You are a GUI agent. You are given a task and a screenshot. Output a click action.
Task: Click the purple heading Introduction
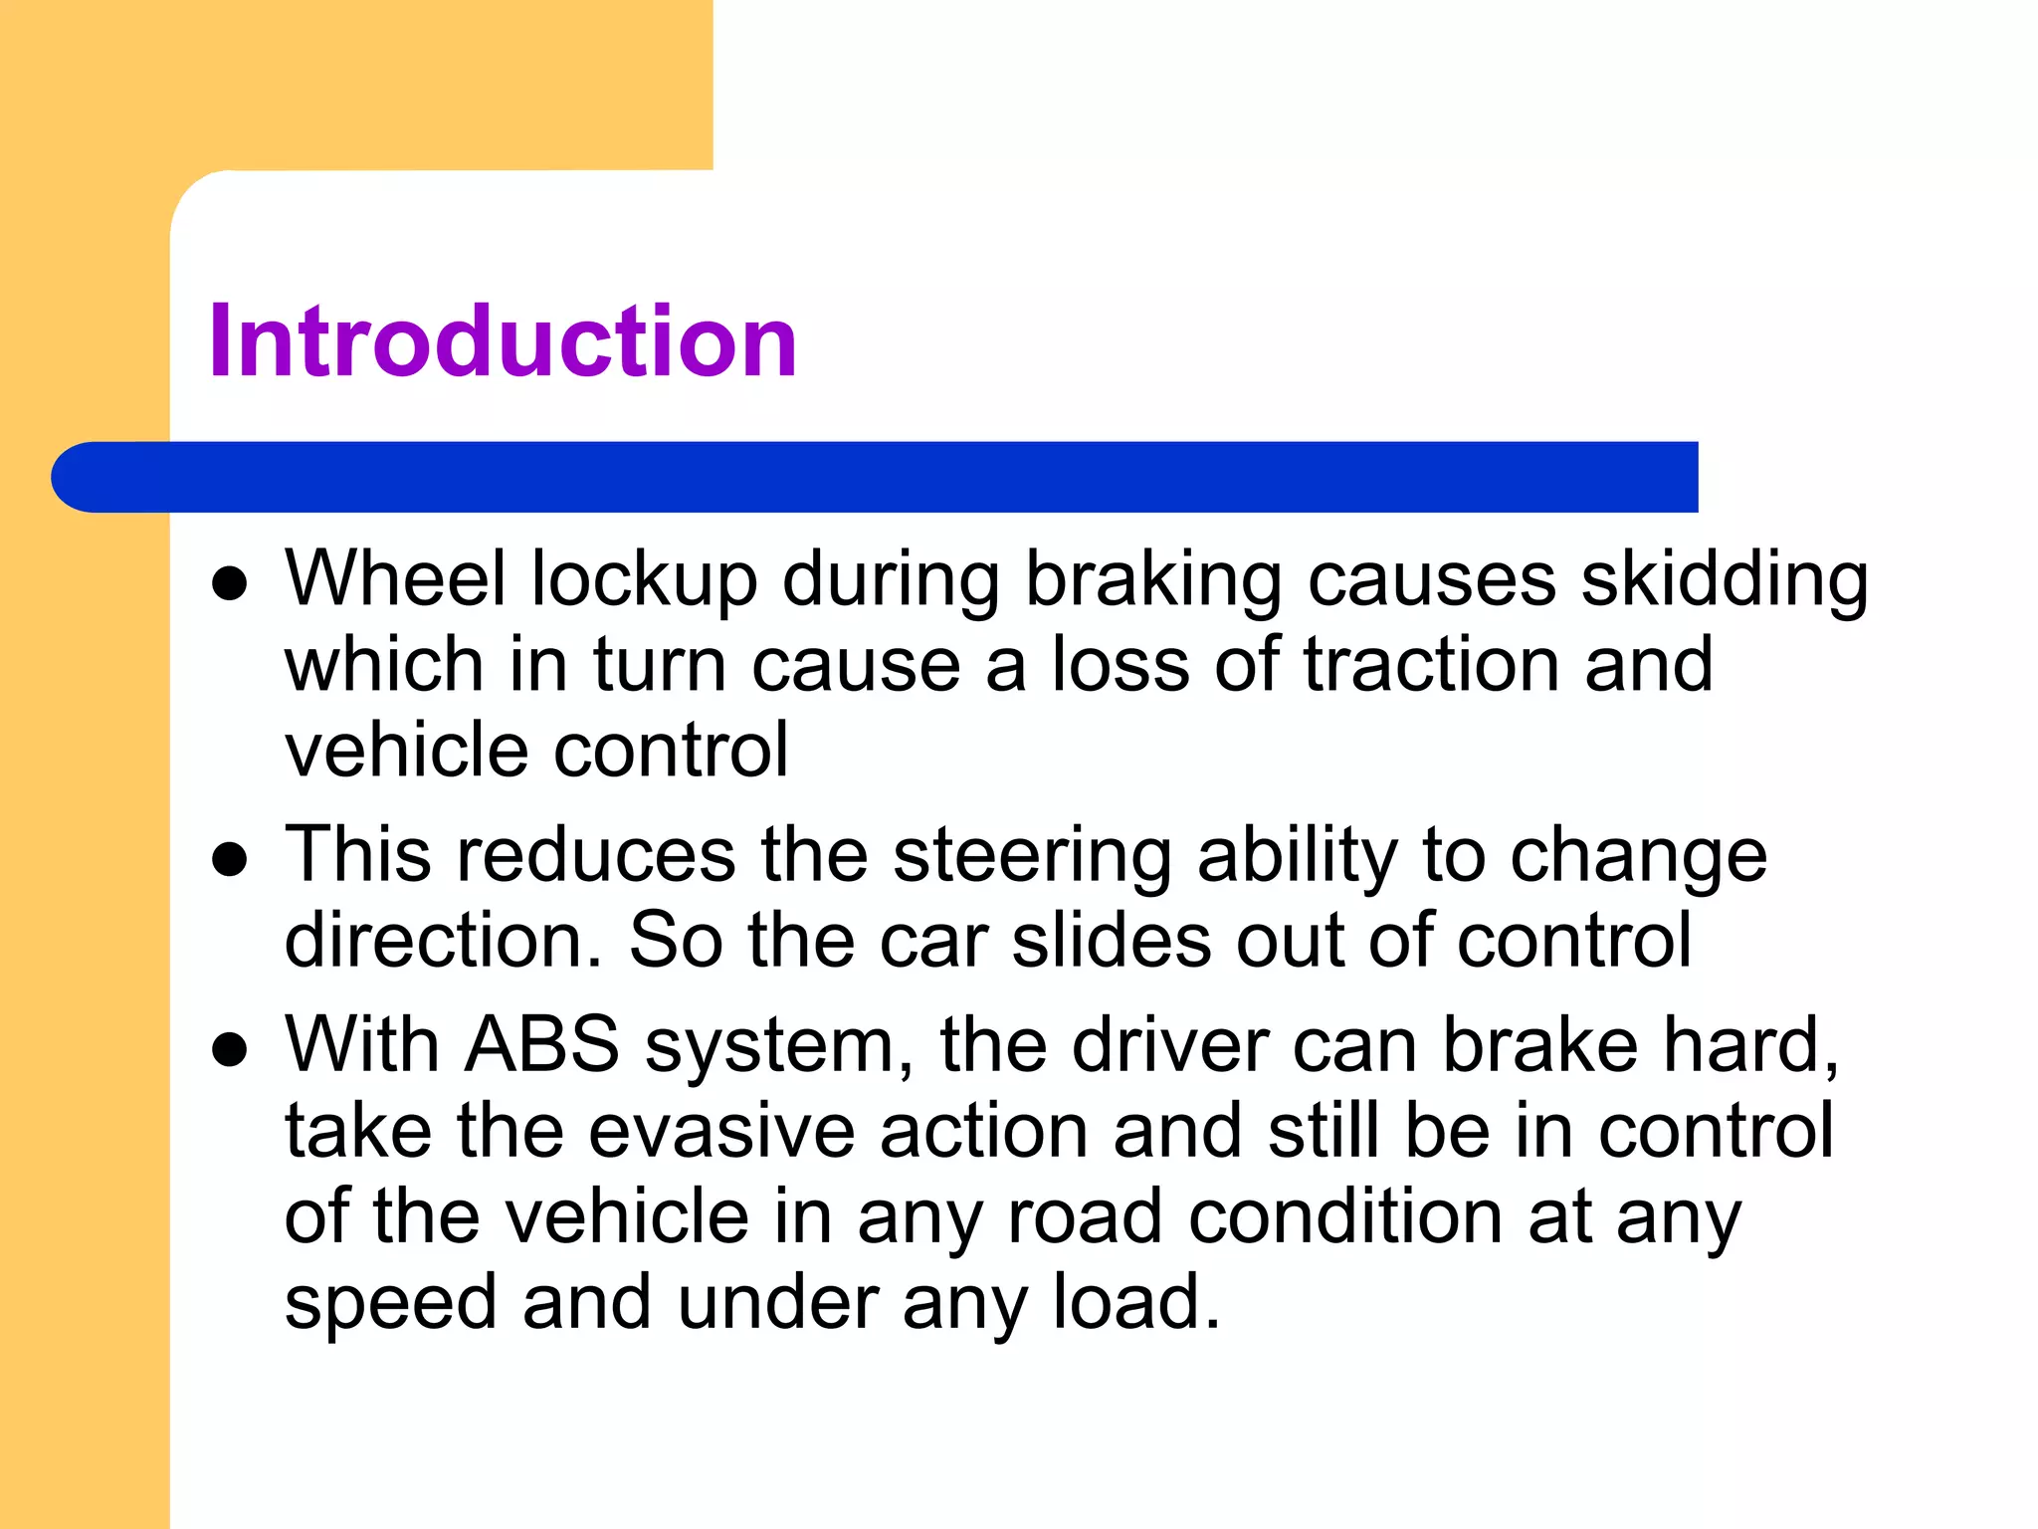[503, 341]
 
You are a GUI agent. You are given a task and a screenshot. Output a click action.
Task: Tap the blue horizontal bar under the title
[876, 477]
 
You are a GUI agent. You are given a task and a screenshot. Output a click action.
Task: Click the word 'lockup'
[644, 580]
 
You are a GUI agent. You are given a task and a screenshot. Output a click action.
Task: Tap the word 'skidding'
[1725, 580]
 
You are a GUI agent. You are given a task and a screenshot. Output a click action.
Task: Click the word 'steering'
[1033, 856]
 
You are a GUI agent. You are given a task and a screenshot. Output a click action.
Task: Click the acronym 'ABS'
[543, 1045]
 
